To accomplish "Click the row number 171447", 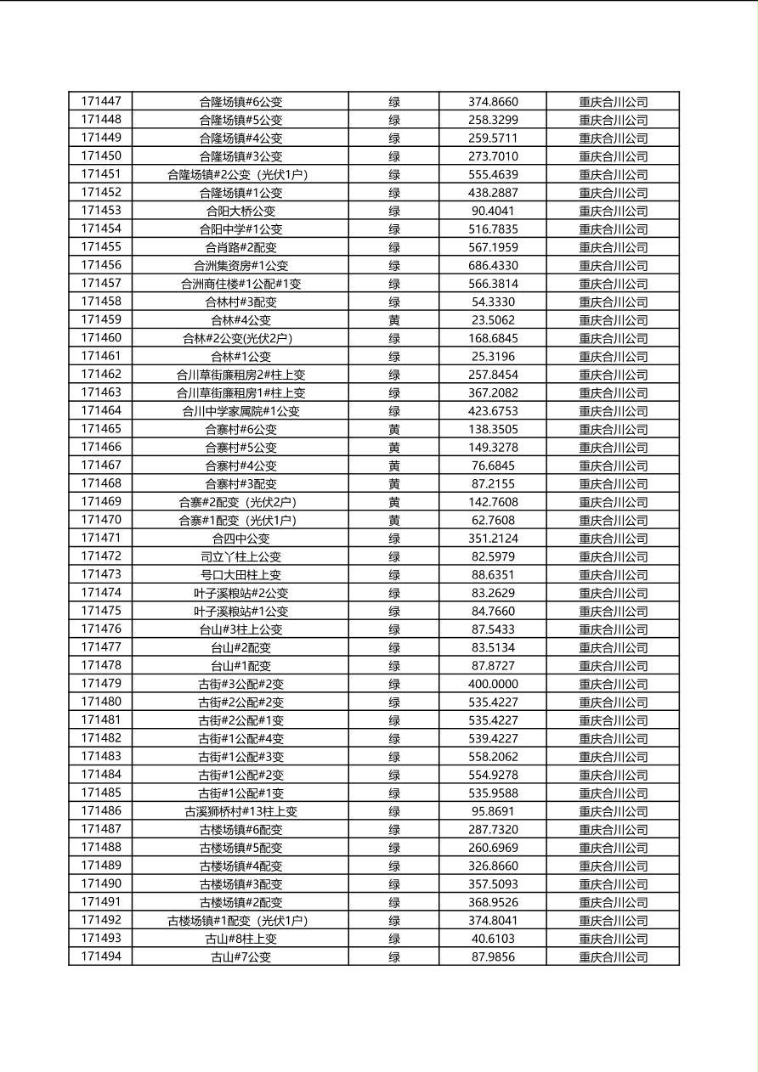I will (101, 101).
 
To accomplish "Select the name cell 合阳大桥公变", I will (240, 211).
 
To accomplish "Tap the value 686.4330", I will (493, 265).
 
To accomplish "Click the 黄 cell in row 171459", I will (394, 320).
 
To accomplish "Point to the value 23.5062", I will (493, 320).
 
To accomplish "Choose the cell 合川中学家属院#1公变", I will (240, 411).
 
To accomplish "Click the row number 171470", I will (101, 520).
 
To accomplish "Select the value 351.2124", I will (493, 539).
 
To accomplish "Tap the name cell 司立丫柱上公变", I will (240, 556).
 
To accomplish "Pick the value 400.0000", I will (493, 684).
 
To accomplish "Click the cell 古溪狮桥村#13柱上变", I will (240, 811).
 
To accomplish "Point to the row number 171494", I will (101, 956).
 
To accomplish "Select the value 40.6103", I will (493, 939).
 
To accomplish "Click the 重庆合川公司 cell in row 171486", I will (613, 811).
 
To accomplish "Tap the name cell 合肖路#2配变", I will (240, 247).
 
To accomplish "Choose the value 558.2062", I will (493, 757).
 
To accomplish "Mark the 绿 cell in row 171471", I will (394, 539).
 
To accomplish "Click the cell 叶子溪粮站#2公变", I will (240, 593).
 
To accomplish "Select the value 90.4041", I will (493, 211).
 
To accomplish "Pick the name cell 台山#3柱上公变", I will (240, 629).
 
